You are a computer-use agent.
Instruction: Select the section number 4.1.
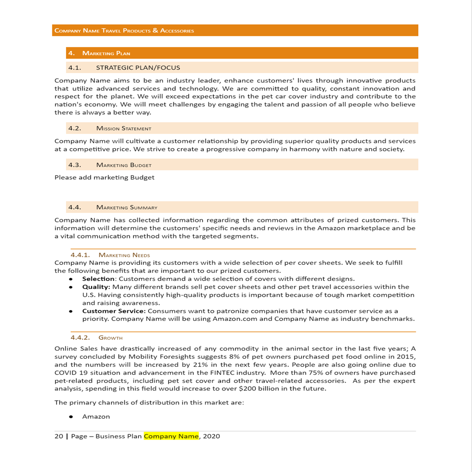coord(75,67)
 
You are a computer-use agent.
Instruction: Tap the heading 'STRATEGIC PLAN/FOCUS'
coord(138,67)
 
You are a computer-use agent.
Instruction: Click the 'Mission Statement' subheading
coord(124,128)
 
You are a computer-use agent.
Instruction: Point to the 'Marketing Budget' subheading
coord(124,165)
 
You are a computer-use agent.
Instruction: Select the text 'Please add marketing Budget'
coord(104,177)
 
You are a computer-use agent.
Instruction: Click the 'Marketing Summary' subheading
coord(126,207)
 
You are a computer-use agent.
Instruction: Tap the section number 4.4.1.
coord(80,255)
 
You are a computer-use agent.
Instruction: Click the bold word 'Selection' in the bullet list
coord(98,279)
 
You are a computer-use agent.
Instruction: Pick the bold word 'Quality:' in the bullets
coord(96,287)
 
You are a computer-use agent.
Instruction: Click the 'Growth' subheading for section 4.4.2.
coord(110,337)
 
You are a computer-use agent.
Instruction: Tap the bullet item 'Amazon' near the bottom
coord(96,417)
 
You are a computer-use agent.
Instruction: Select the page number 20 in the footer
coord(59,436)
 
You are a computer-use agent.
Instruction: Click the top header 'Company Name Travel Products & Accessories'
coord(124,31)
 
